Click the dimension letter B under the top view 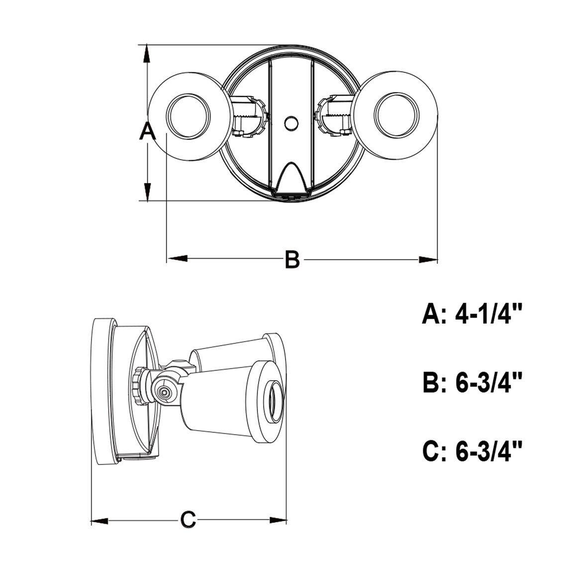[292, 260]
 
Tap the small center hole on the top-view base [290, 122]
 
